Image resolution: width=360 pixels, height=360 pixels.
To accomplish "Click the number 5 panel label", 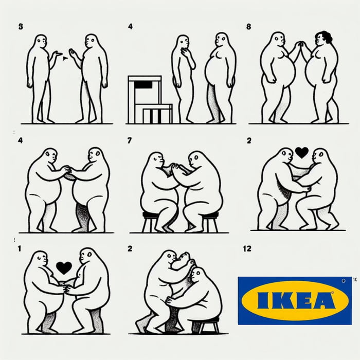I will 20,26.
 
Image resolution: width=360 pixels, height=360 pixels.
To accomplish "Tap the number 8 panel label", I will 249,26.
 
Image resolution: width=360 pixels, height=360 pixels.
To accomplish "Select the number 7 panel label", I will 130,140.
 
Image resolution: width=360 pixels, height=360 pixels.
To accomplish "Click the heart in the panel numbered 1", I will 64,267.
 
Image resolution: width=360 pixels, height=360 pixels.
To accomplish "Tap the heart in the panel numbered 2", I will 301,152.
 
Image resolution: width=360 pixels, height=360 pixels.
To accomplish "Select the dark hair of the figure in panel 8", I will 326,37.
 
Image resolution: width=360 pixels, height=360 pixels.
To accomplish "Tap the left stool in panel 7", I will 151,220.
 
